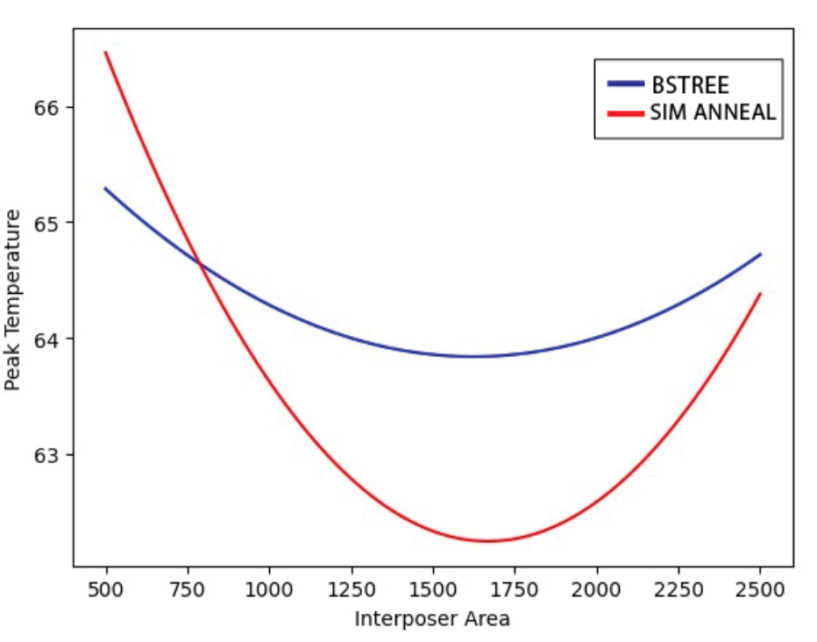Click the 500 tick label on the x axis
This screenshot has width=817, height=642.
click(x=105, y=589)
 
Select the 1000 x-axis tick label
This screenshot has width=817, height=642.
click(x=269, y=589)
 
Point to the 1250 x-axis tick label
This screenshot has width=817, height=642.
click(x=351, y=589)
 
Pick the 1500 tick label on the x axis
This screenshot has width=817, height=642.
click(x=433, y=589)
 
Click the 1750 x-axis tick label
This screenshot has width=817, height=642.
click(x=515, y=589)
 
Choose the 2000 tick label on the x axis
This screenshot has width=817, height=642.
click(x=597, y=589)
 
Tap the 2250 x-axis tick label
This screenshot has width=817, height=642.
click(x=678, y=589)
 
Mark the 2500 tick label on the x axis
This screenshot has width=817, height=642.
click(x=761, y=589)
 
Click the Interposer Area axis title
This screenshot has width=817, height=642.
click(x=432, y=619)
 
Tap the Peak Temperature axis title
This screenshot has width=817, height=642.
click(x=14, y=299)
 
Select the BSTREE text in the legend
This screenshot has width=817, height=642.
click(x=690, y=85)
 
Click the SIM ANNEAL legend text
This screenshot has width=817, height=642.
click(x=713, y=112)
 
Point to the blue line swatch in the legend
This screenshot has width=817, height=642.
click(x=626, y=84)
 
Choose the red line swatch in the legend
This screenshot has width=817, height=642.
click(x=626, y=112)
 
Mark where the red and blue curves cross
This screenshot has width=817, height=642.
click(x=199, y=263)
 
